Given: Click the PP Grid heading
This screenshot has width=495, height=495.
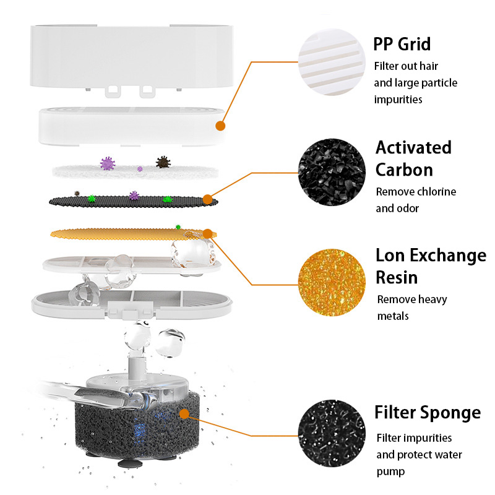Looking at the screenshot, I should tap(402, 44).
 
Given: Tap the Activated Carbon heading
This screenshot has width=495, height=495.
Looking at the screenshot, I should tap(413, 158).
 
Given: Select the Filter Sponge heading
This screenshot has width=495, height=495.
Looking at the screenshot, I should tap(427, 412).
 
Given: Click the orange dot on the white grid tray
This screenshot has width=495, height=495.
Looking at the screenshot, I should tap(220, 126).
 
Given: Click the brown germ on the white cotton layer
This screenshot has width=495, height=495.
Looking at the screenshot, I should tap(163, 162).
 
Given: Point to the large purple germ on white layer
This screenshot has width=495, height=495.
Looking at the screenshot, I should tap(108, 163).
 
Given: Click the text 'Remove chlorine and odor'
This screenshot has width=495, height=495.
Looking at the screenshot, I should tap(416, 200).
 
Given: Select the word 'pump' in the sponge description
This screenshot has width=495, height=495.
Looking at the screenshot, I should tap(391, 471).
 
